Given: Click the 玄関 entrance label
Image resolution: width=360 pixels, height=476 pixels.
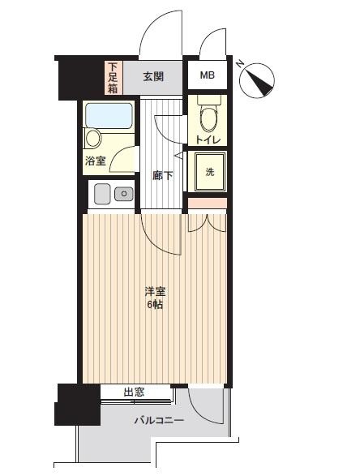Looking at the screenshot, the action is [153, 76].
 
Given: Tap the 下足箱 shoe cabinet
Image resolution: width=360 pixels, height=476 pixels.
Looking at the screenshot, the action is [114, 77].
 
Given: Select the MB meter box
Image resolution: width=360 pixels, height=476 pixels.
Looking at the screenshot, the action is [208, 75].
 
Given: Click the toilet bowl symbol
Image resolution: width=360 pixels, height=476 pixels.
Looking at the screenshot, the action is [208, 116].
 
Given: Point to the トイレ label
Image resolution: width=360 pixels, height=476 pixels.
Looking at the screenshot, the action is [208, 140].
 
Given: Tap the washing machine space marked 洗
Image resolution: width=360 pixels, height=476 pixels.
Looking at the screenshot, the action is [208, 172].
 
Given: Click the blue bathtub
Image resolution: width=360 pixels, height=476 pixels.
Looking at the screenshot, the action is [109, 115].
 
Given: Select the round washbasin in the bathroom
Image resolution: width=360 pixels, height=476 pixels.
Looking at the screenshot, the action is [93, 139].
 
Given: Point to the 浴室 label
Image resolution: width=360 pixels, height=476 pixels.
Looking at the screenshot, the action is [96, 161].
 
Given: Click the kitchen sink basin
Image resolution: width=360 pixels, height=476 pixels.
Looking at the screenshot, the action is [102, 194].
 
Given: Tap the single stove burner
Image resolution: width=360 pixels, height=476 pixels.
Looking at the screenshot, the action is [123, 194].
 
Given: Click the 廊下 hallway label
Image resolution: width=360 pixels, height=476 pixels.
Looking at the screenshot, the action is [163, 175].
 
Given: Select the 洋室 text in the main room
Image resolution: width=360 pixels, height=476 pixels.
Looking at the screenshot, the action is [155, 292].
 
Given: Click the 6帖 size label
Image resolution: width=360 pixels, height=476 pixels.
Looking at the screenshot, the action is [155, 304].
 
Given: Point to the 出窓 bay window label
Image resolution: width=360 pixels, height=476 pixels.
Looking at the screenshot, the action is [134, 392].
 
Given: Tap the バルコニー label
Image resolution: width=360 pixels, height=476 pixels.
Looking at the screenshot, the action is [160, 420].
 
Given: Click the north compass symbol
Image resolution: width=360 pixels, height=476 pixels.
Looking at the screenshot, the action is [256, 79].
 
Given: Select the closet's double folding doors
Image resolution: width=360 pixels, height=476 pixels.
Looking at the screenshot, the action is [208, 224].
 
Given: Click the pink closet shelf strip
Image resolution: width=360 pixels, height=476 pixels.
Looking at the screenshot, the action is [208, 203].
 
